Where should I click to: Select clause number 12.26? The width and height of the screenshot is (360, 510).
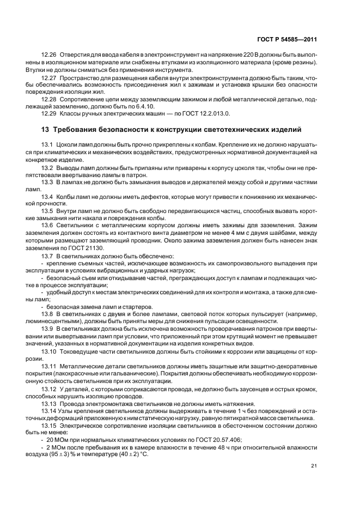coord(50,56)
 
